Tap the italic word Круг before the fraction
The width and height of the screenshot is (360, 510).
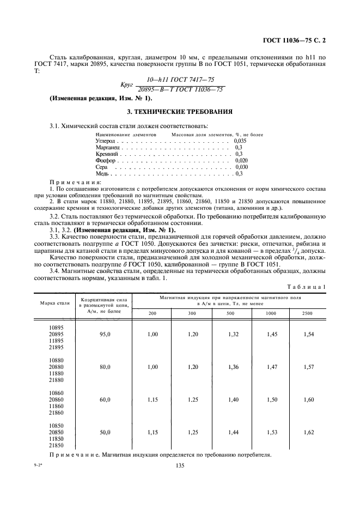(x=126, y=85)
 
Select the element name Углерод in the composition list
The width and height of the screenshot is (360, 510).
(x=105, y=140)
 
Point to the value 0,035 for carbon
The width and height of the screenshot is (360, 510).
(x=240, y=140)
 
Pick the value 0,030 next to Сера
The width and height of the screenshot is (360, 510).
(x=240, y=168)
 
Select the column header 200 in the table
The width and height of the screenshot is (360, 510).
(x=152, y=313)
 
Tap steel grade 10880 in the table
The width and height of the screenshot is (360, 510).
(x=56, y=360)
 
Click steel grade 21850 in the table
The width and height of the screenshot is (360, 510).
(x=56, y=445)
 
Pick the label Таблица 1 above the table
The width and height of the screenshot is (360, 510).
(x=308, y=287)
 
